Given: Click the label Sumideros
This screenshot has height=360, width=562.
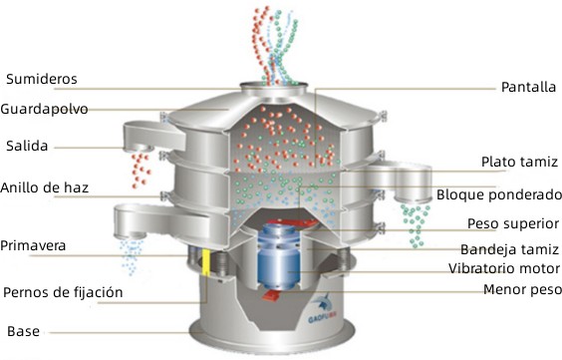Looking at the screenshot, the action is point(42,79).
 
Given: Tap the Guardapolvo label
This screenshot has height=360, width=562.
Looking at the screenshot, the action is point(44,109).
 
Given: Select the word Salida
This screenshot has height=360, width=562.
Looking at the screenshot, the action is point(27,146).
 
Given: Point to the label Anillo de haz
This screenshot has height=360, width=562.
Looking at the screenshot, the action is point(44,187).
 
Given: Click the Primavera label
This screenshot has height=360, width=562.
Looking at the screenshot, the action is point(33,246).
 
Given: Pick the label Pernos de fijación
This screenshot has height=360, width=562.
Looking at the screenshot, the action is point(63,292).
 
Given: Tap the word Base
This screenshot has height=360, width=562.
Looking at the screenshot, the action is point(23,331).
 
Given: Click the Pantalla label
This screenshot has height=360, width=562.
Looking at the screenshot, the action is point(528,87).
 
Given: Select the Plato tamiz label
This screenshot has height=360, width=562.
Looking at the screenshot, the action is point(519,162).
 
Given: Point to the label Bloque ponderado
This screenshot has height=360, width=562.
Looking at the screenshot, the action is point(499,194).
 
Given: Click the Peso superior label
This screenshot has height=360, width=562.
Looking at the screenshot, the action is point(513,223).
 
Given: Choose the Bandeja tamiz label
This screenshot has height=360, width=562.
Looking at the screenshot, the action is point(509,249).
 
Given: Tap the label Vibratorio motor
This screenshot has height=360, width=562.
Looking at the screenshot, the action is point(504,268).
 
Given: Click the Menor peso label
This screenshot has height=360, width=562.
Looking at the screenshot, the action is point(522,289).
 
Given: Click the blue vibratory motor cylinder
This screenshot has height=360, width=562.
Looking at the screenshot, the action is point(279,255).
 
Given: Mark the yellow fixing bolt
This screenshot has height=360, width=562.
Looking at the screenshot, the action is point(206,262).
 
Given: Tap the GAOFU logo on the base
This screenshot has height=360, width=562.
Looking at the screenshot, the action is point(322,309).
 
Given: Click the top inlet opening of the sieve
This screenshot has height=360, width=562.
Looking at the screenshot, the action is point(274,86).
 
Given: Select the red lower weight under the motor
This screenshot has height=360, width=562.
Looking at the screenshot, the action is point(271,296).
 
